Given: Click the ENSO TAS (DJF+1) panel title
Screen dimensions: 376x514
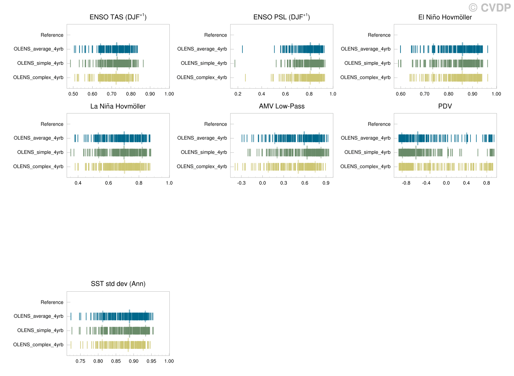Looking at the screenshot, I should (x=118, y=17).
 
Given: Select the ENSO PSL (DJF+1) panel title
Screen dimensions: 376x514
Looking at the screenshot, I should (x=281, y=17).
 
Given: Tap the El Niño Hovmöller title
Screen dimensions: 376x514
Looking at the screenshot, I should (x=445, y=17).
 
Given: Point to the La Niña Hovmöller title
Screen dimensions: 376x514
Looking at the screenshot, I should (x=118, y=106).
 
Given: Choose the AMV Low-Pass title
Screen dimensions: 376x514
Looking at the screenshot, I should (x=281, y=106).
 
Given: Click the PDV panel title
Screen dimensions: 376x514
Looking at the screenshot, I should (x=445, y=106).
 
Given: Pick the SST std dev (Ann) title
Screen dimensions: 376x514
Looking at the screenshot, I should (x=118, y=284).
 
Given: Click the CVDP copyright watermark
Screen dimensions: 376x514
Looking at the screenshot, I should (x=489, y=8).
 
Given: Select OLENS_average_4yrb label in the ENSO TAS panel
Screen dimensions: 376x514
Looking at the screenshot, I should (x=38, y=49).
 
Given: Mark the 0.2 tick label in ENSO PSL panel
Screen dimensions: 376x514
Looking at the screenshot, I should (x=238, y=94).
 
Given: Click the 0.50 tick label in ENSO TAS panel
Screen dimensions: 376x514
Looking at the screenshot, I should (x=73, y=94).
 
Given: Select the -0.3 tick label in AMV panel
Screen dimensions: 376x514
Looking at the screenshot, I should (x=241, y=183).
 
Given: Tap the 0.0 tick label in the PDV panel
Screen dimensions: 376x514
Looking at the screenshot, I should (x=446, y=183).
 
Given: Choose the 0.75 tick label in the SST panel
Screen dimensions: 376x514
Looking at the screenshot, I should (x=80, y=361).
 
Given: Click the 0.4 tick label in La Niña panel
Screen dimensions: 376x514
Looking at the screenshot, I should (x=78, y=183).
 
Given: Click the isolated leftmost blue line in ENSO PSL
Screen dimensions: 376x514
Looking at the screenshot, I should (x=242, y=49).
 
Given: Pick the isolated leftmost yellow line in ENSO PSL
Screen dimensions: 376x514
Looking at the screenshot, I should (x=245, y=77).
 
